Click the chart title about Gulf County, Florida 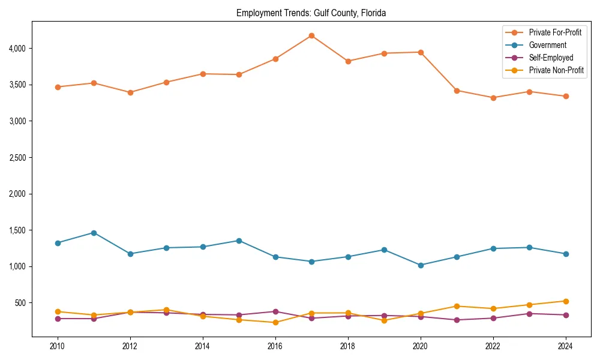311,13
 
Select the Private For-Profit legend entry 555,32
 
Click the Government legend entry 547,45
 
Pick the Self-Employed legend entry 551,58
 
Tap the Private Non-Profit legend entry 556,70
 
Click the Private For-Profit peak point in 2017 311,35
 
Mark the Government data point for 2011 94,233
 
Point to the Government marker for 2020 421,265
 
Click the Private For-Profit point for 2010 58,87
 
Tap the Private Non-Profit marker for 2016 275,322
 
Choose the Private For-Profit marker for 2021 457,91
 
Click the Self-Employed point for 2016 275,311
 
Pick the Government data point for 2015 239,241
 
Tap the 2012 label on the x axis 130,346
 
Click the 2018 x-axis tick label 348,346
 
